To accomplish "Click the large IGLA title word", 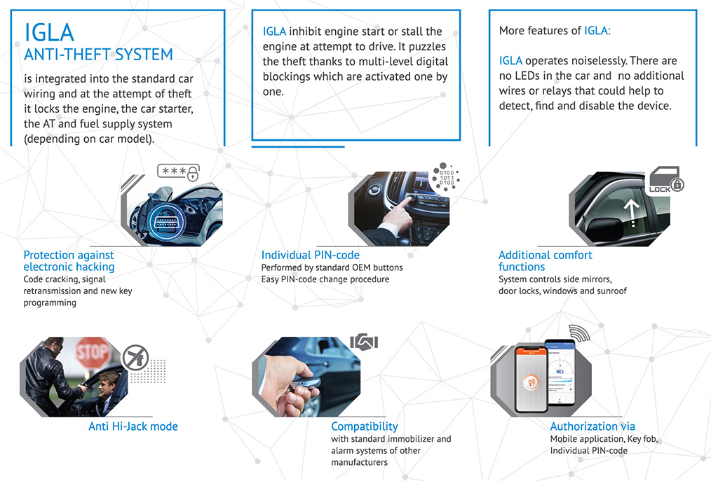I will coord(49,32).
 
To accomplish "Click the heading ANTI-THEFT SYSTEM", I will coord(98,54).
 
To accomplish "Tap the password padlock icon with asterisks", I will coord(178,172).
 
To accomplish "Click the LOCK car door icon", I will coord(666,181).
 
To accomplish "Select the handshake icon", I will coord(364,342).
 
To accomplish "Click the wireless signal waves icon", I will coord(578,334).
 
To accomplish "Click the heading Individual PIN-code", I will coord(310,256).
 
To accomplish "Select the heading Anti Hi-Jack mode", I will coord(133,426).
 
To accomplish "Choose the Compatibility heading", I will coord(364,426).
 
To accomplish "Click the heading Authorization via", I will coord(592,426).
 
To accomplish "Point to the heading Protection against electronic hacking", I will coord(69,260).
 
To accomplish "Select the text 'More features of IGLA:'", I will coord(555,31).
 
